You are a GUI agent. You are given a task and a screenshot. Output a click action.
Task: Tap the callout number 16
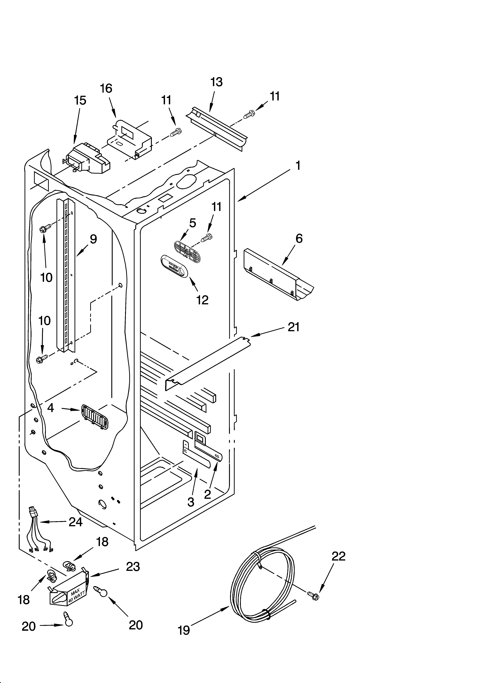point(106,88)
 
